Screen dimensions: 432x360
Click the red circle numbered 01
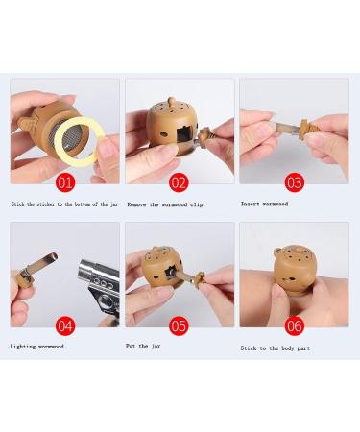point(64,181)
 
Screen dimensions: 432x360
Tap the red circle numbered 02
point(179,181)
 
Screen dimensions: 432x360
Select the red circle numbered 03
point(294,181)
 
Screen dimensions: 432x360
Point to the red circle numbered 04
point(64,325)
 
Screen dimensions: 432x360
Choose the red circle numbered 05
point(179,325)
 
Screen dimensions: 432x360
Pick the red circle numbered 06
point(294,325)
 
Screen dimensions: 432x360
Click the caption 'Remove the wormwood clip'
point(168,204)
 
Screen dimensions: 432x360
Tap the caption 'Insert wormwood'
point(263,204)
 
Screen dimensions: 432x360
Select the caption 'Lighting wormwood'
point(37,346)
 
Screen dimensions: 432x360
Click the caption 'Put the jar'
point(144,346)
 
